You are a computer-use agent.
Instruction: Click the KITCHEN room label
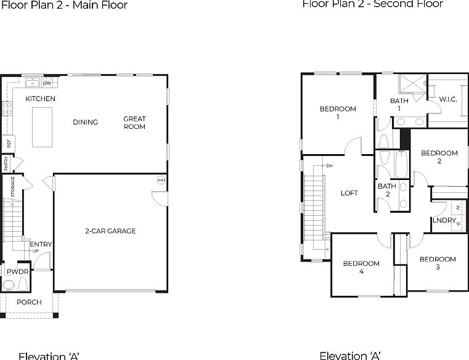[40, 99]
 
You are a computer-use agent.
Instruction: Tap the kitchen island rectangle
[42, 127]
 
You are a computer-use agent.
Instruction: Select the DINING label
[85, 122]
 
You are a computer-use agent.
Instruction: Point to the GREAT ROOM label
[134, 123]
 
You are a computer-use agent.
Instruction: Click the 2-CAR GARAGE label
[110, 231]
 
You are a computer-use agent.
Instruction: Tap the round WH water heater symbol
[161, 181]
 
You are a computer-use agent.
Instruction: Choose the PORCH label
[29, 302]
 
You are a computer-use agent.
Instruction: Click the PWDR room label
[17, 271]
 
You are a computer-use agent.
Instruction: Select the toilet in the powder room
[9, 284]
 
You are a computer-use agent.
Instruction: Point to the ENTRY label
[41, 245]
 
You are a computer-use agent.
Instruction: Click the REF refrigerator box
[9, 143]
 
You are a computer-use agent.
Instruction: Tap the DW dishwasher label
[46, 83]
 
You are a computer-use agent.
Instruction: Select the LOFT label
[349, 193]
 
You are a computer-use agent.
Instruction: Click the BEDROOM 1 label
[338, 112]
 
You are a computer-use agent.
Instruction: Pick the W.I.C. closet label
[447, 99]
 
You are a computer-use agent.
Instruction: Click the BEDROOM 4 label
[361, 267]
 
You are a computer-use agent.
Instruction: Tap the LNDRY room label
[444, 220]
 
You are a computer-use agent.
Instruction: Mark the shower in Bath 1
[411, 84]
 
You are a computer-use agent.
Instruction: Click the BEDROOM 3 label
[438, 263]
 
